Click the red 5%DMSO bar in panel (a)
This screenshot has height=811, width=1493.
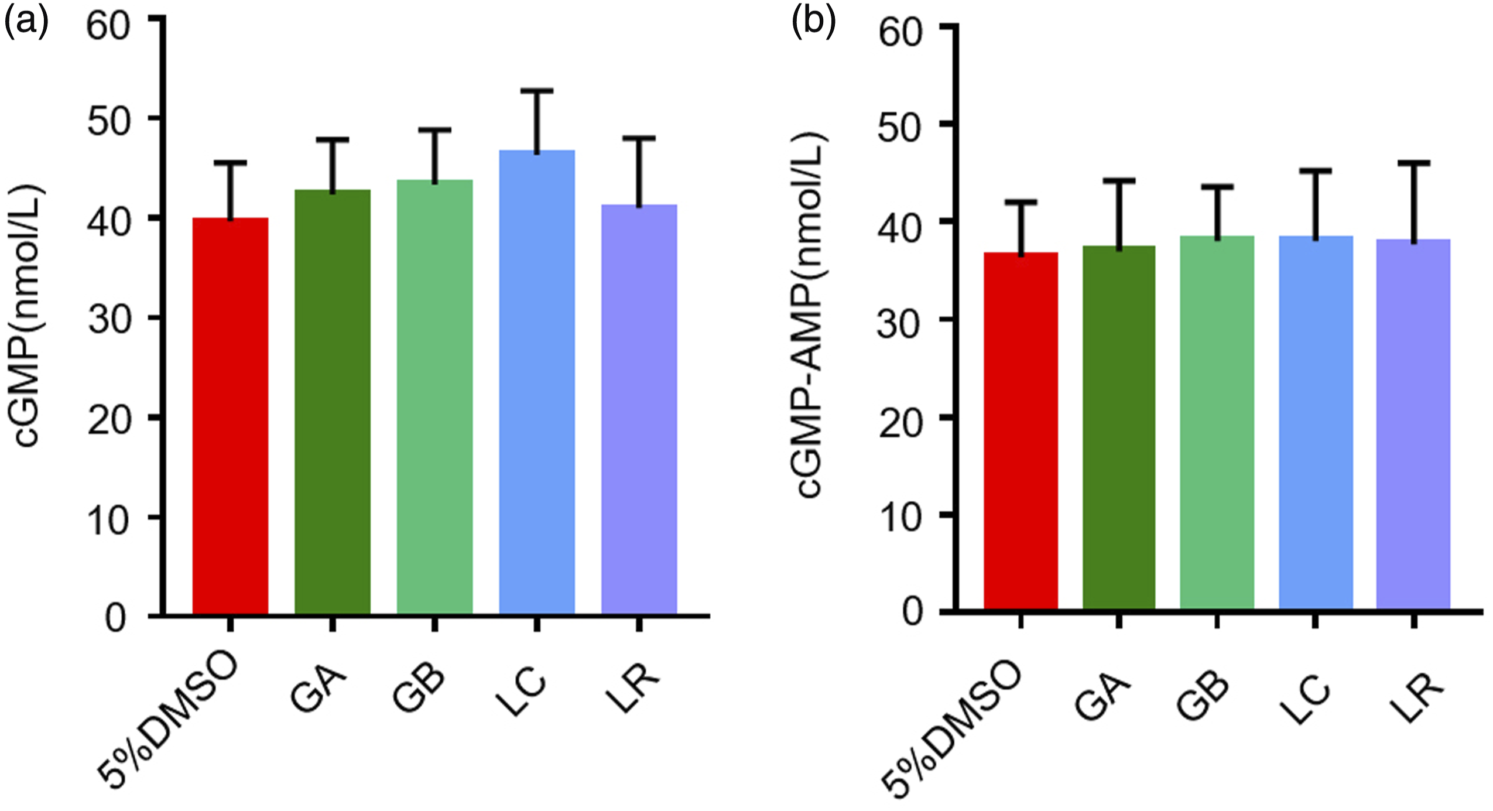(230, 416)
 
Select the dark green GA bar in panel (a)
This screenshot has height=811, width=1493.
(333, 402)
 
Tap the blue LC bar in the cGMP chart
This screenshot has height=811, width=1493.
(537, 382)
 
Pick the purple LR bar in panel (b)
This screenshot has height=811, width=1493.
(1413, 425)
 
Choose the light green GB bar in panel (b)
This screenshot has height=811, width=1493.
(1217, 423)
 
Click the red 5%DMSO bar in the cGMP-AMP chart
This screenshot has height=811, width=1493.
(1021, 431)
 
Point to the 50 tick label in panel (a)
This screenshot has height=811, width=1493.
(108, 122)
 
